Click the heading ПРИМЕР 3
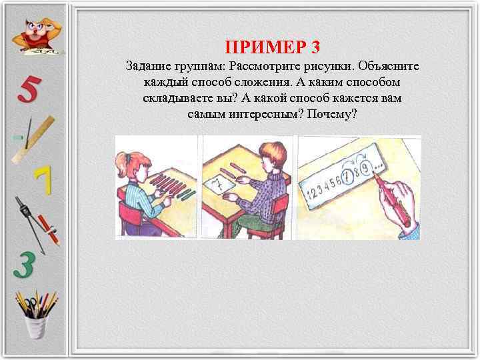point(273,47)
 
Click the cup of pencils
point(36,313)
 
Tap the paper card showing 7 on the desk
point(217,183)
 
